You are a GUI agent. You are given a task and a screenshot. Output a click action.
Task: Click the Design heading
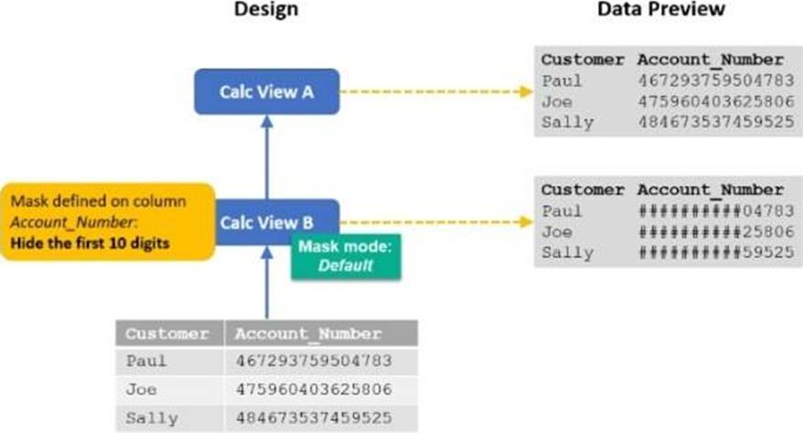(266, 10)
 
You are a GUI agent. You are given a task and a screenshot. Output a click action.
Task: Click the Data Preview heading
(662, 10)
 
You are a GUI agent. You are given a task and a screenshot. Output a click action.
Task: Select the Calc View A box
(266, 91)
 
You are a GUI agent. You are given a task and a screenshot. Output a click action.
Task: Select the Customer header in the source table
(167, 333)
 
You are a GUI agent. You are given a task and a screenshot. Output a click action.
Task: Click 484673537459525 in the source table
(314, 418)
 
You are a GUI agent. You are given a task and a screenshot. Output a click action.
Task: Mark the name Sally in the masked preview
(567, 252)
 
